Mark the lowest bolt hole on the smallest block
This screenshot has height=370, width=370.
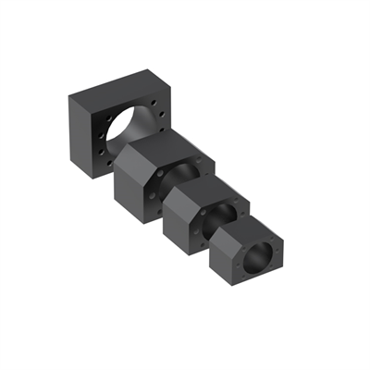[x=248, y=275]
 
